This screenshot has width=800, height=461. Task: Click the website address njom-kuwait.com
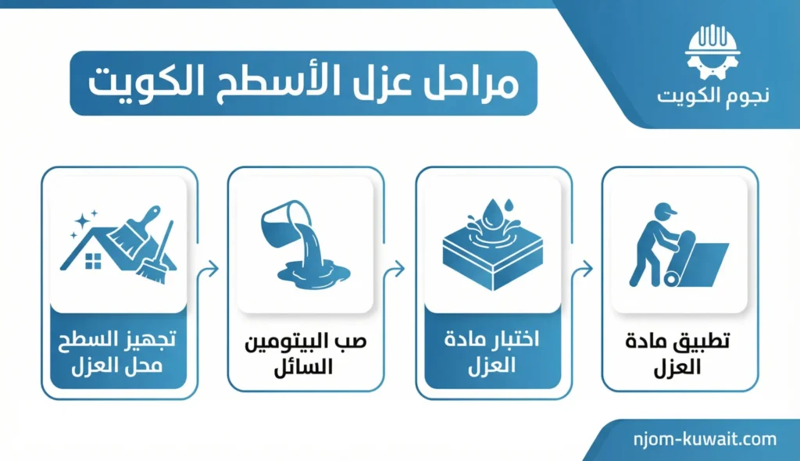click(x=705, y=440)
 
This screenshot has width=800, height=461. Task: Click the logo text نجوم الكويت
click(x=712, y=95)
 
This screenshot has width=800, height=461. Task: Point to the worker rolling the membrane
click(x=654, y=245)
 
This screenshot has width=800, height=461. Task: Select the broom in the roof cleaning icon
click(x=156, y=256)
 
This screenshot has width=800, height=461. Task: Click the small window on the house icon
click(x=94, y=261)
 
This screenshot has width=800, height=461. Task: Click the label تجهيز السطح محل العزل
click(x=117, y=352)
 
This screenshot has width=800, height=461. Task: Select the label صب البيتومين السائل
click(x=305, y=354)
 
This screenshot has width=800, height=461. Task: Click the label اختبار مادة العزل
click(x=492, y=352)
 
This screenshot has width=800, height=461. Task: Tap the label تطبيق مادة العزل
click(x=677, y=354)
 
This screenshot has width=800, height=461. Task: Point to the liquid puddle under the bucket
click(x=313, y=274)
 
